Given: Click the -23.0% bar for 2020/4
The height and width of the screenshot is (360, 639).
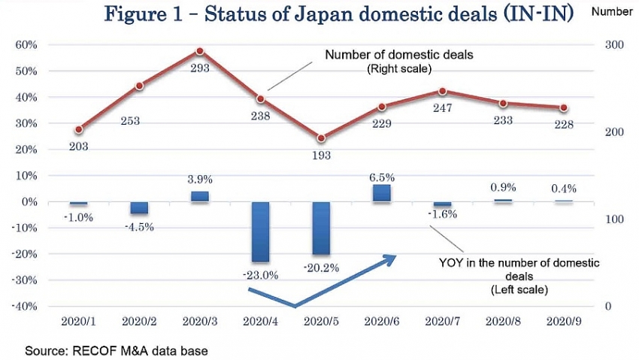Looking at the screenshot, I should point(260,231).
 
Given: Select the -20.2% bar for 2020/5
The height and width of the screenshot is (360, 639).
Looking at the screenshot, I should point(322,228).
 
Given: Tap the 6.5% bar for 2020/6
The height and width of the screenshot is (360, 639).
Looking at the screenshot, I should point(382,193).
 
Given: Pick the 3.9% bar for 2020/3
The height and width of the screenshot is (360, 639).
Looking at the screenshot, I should point(200,196).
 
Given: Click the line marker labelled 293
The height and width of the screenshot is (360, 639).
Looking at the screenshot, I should point(200,51).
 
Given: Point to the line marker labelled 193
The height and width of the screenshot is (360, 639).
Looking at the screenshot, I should point(322,138).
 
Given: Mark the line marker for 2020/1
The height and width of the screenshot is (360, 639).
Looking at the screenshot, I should point(79,129).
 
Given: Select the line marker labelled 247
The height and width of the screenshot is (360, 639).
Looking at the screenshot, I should point(443,92).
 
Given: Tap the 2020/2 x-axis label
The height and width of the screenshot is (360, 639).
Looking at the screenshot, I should point(139,321).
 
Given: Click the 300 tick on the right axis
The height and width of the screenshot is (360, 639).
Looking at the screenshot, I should point(614,45).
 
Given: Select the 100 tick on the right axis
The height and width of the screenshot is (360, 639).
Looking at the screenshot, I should point(614,219).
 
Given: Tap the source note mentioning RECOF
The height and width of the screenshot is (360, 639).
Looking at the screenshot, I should point(116,350).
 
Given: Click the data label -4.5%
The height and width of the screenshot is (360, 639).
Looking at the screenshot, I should point(139,227).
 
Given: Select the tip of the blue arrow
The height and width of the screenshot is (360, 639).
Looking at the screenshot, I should point(396,256).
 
